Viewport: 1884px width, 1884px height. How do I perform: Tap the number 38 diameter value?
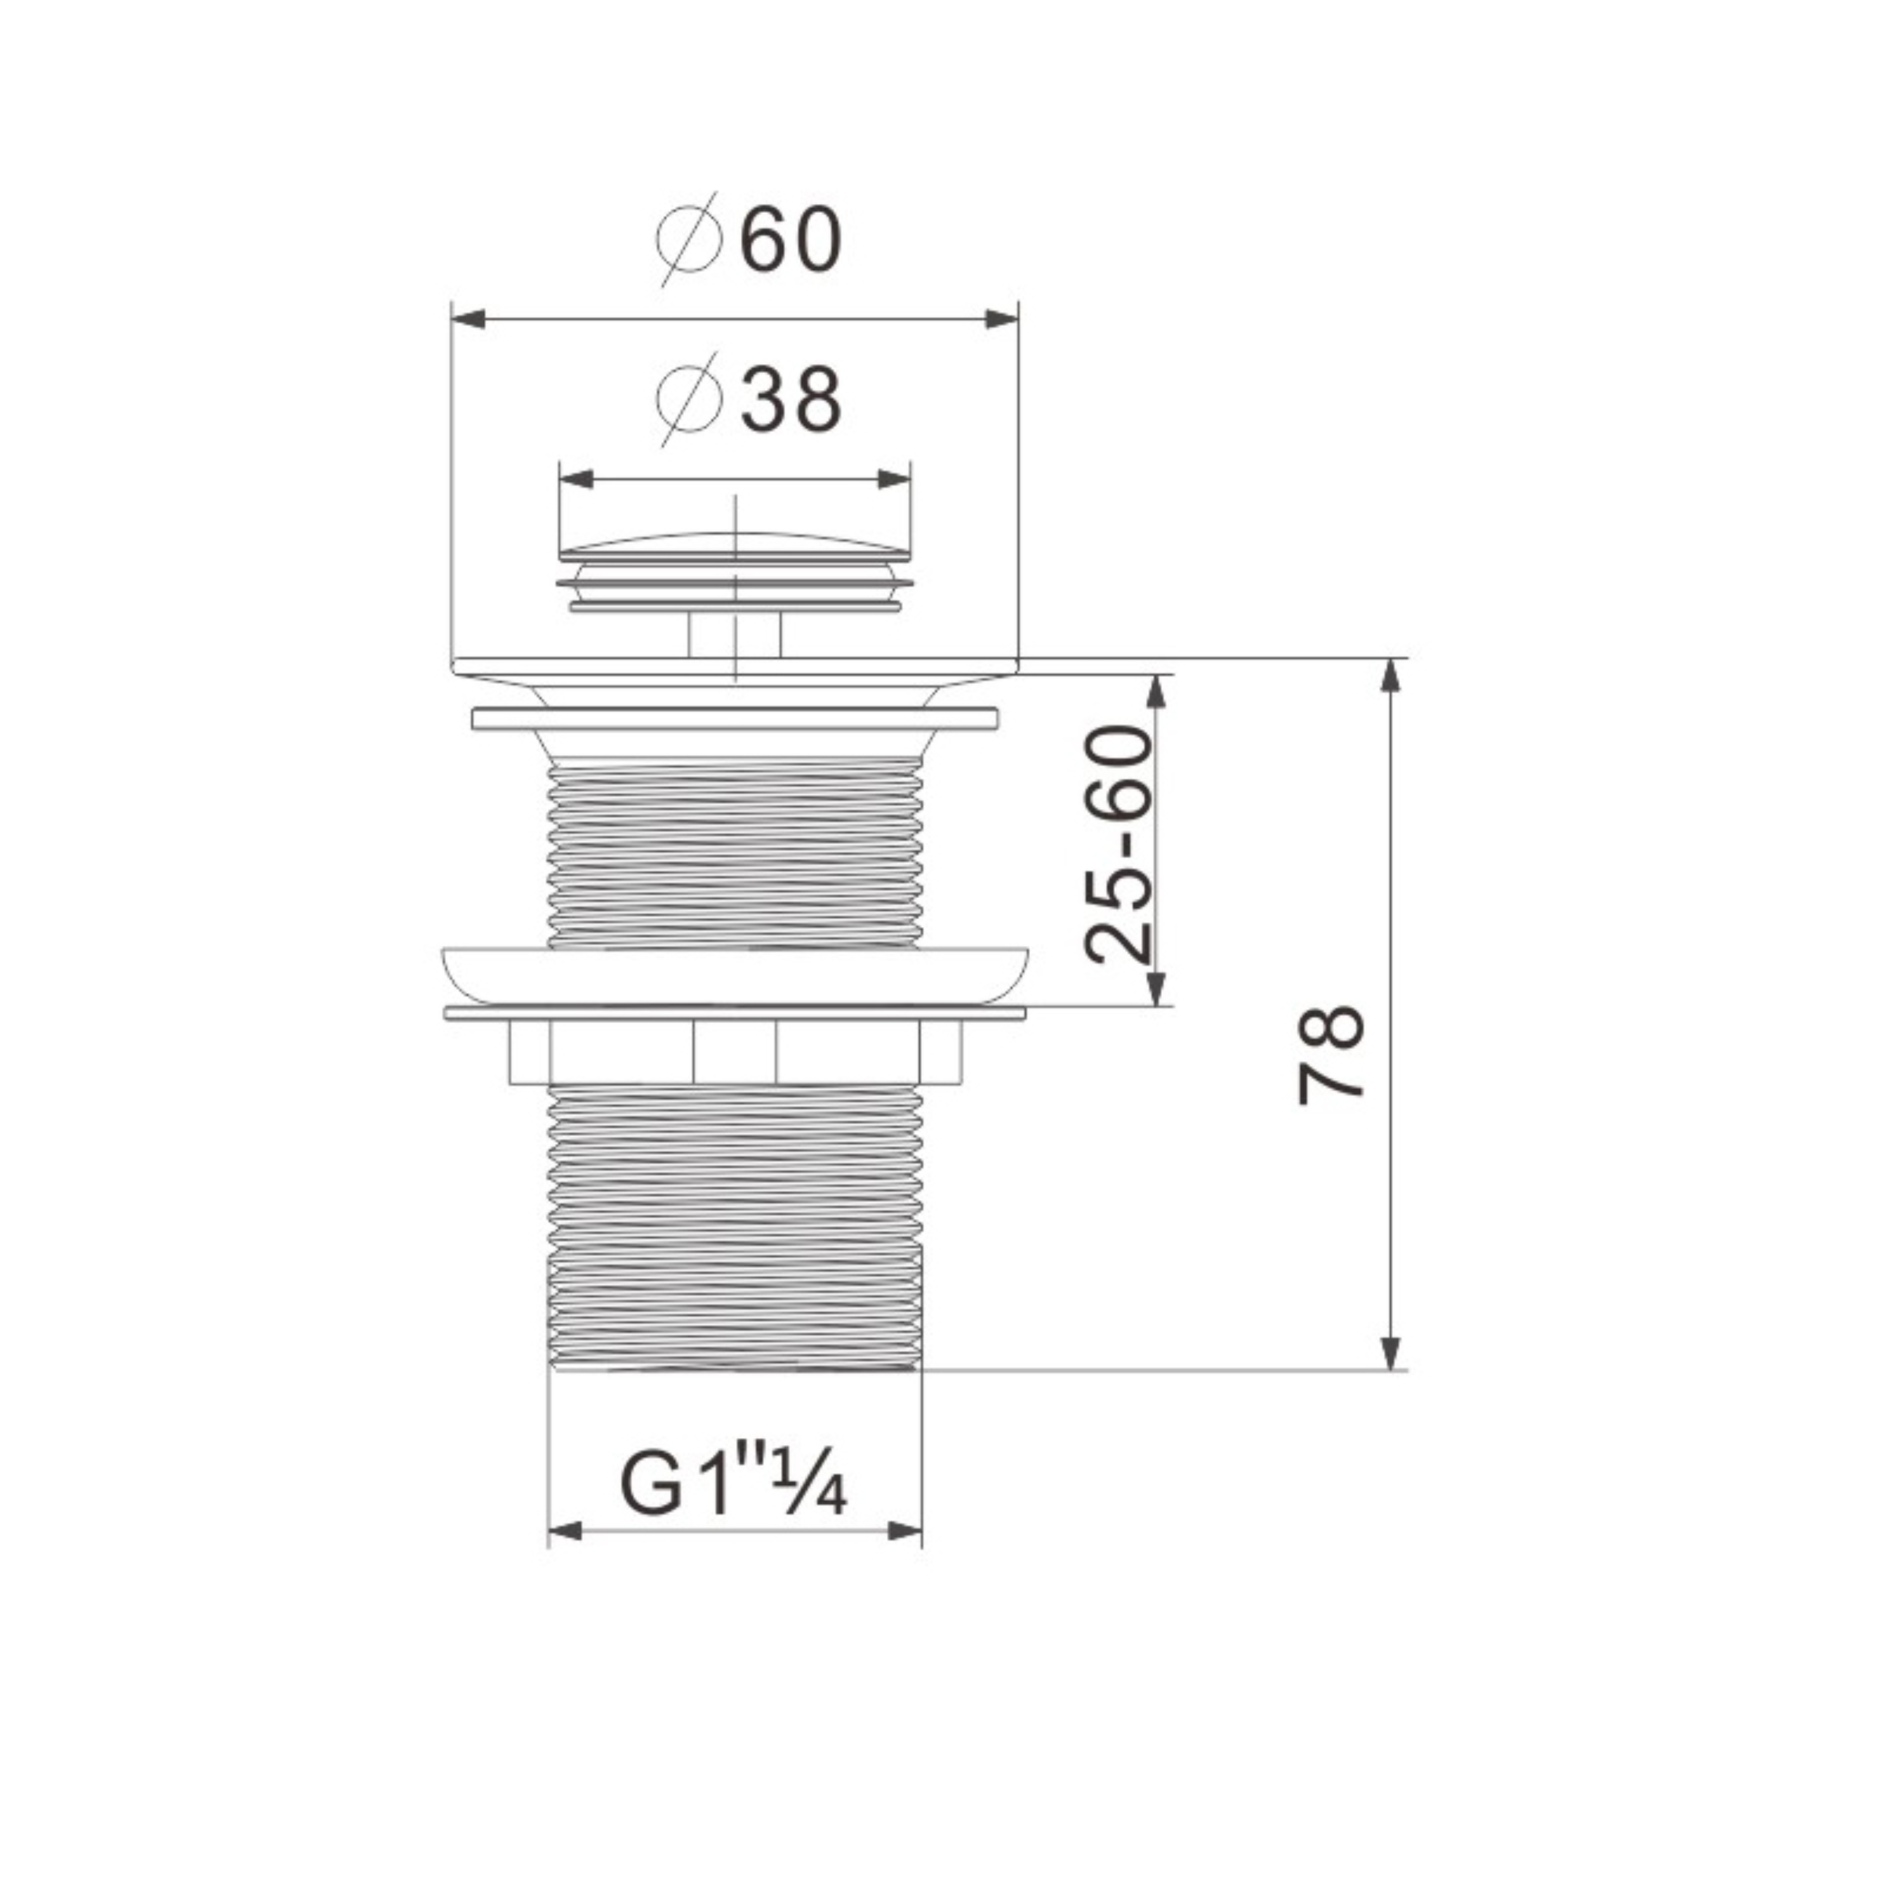point(791,400)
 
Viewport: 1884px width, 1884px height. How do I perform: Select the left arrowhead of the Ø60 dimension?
point(468,319)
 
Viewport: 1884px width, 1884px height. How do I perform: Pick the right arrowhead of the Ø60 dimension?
point(1002,319)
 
